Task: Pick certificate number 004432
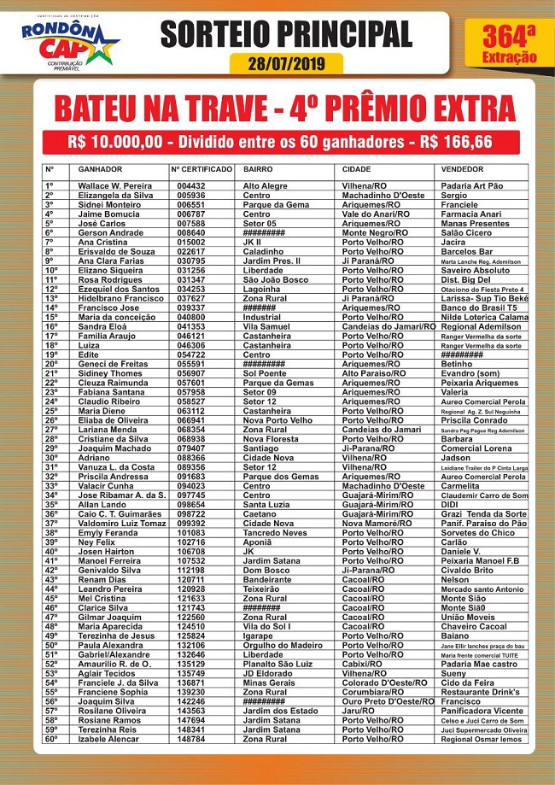pyautogui.click(x=191, y=185)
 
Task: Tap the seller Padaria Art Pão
pyautogui.click(x=472, y=185)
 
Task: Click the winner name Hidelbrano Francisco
pyautogui.click(x=120, y=298)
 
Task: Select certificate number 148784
pyautogui.click(x=191, y=739)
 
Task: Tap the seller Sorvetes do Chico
pyautogui.click(x=478, y=531)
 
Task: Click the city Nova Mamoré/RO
pyautogui.click(x=377, y=522)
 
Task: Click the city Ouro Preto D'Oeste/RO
pyautogui.click(x=388, y=700)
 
